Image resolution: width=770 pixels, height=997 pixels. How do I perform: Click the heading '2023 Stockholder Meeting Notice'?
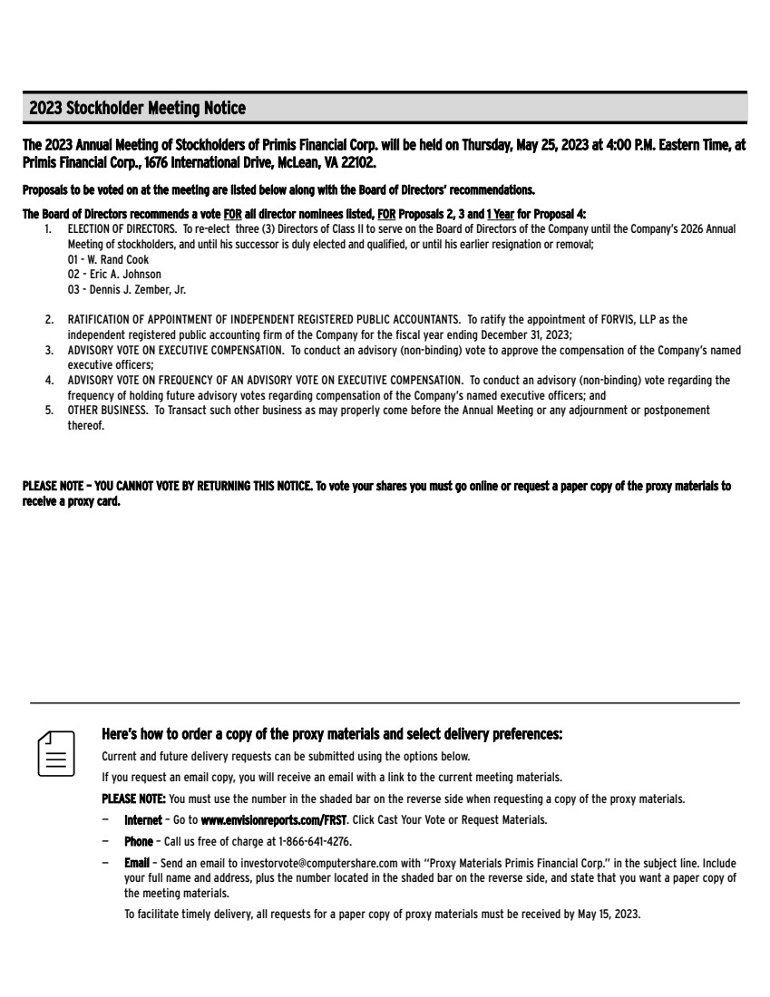coord(137,109)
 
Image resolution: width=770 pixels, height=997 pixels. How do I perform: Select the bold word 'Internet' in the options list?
coord(143,819)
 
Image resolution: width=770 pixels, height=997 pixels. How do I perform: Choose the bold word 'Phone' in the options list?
coord(139,840)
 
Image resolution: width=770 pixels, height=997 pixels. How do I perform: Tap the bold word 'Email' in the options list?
coord(136,862)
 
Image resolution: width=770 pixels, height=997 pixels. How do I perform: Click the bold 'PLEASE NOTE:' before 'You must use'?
coord(133,799)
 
